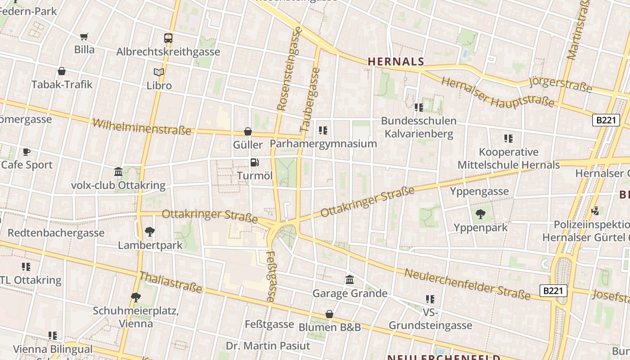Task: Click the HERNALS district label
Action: tap(396, 61)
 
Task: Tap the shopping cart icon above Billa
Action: tap(84, 36)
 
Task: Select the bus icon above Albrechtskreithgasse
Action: tap(168, 38)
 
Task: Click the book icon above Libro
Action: tap(159, 72)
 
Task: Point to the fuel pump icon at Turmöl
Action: tap(255, 162)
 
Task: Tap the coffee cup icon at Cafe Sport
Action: tap(27, 152)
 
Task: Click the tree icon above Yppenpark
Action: tap(481, 214)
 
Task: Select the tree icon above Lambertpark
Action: tap(150, 232)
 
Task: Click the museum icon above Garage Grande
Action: tap(350, 280)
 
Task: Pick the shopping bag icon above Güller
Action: tap(247, 131)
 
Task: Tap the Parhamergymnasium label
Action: tap(323, 144)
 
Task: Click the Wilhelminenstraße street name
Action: tap(142, 127)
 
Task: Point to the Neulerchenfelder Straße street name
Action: tap(468, 284)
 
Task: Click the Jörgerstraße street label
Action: tap(560, 84)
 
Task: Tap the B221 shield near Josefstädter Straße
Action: tap(553, 291)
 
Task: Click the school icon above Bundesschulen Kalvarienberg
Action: tap(419, 107)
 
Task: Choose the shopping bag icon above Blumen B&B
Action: tap(329, 314)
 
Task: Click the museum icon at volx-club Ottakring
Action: tap(118, 171)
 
